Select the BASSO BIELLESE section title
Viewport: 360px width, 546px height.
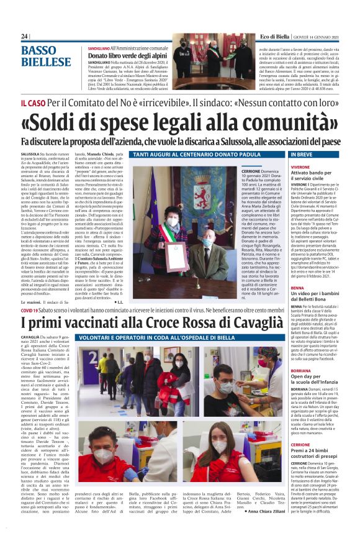[x=47, y=55]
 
